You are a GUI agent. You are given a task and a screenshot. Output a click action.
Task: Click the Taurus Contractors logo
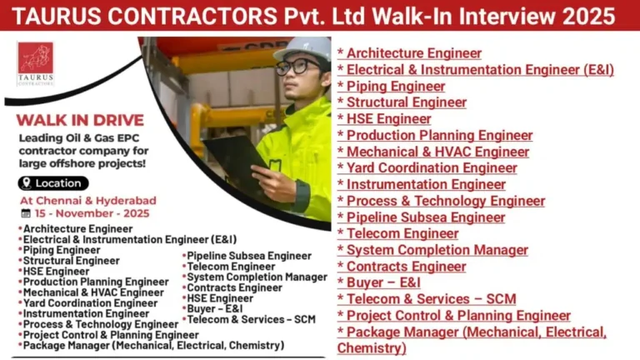pyautogui.click(x=35, y=63)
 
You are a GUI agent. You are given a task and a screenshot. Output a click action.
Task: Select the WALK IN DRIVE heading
pyautogui.click(x=80, y=120)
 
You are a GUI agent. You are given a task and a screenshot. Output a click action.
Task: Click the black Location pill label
pyautogui.click(x=53, y=183)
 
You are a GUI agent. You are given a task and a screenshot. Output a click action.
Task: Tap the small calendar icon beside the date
pyautogui.click(x=26, y=213)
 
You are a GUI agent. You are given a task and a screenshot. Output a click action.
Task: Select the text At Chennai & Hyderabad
pyautogui.click(x=88, y=201)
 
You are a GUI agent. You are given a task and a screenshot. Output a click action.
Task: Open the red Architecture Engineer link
pyautogui.click(x=413, y=53)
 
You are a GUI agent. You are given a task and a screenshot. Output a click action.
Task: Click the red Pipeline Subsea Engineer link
pyautogui.click(x=425, y=217)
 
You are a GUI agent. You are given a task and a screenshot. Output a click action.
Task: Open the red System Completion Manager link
pyautogui.click(x=437, y=250)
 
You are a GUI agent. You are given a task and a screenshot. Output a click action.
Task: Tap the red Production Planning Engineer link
pyautogui.click(x=439, y=135)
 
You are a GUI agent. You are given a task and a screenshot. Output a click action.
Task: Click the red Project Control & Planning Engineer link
pyautogui.click(x=457, y=315)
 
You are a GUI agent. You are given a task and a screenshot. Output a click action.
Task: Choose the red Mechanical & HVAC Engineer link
pyautogui.click(x=437, y=152)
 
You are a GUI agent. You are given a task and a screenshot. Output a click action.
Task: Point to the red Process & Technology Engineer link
pyautogui.click(x=445, y=201)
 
